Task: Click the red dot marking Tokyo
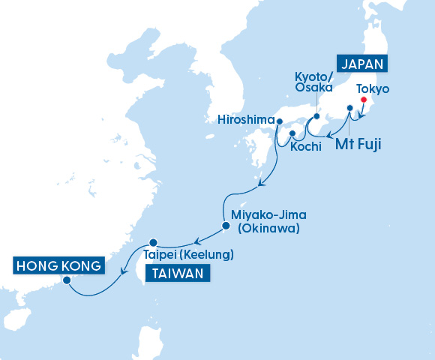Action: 364,100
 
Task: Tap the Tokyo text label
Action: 374,88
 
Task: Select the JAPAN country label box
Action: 362,64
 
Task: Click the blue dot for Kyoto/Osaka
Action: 316,116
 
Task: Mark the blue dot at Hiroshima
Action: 279,121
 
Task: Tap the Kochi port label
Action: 305,147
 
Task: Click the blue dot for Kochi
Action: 292,133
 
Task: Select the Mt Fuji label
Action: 353,145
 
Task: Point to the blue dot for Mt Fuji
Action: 349,109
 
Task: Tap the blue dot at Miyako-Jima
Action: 226,224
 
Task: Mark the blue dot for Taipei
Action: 153,242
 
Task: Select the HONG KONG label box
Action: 58,266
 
